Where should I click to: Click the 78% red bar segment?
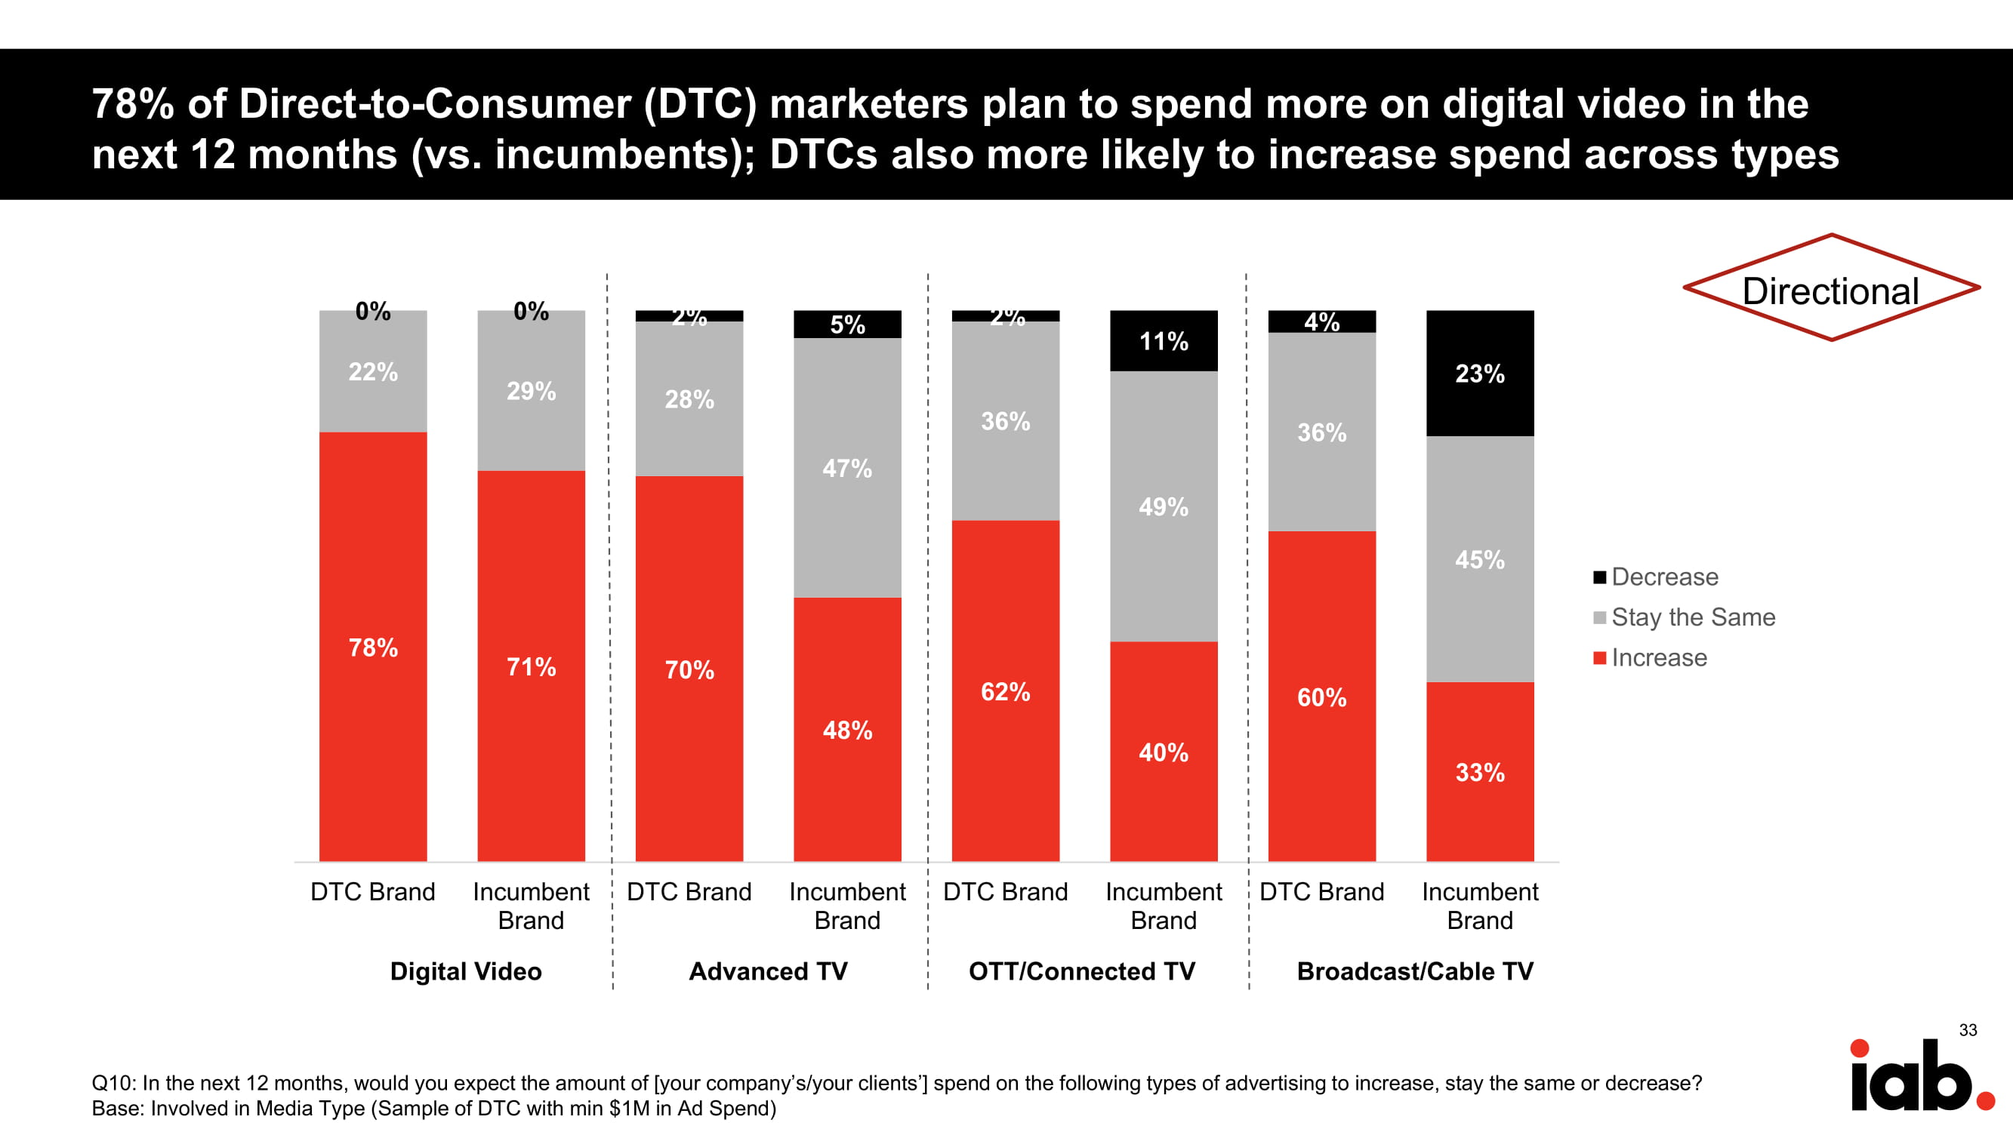click(x=373, y=646)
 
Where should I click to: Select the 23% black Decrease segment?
click(x=1479, y=373)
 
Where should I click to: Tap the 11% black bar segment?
click(x=1163, y=340)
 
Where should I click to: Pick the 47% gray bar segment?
click(x=847, y=467)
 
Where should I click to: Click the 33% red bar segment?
click(x=1479, y=772)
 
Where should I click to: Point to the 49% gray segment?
click(x=1163, y=506)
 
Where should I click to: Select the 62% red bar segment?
click(x=1005, y=691)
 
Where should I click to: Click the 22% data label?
click(x=373, y=371)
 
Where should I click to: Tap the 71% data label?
click(x=531, y=666)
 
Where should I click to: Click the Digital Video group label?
click(x=466, y=971)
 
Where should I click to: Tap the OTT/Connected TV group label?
click(x=1081, y=971)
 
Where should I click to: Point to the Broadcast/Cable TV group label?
click(x=1414, y=971)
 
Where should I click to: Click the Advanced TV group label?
click(x=768, y=971)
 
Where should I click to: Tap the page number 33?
click(x=1968, y=1029)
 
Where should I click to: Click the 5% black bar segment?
click(x=847, y=325)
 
